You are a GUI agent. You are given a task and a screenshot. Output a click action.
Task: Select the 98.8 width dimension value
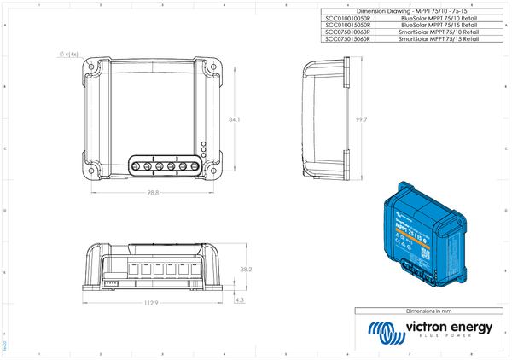[x=154, y=193]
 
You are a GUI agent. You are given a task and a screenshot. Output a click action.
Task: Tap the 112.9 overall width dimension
[x=151, y=304]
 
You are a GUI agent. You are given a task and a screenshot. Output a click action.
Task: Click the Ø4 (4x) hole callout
[x=69, y=55]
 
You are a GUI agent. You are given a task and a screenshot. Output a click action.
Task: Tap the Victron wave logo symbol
[x=381, y=331]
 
